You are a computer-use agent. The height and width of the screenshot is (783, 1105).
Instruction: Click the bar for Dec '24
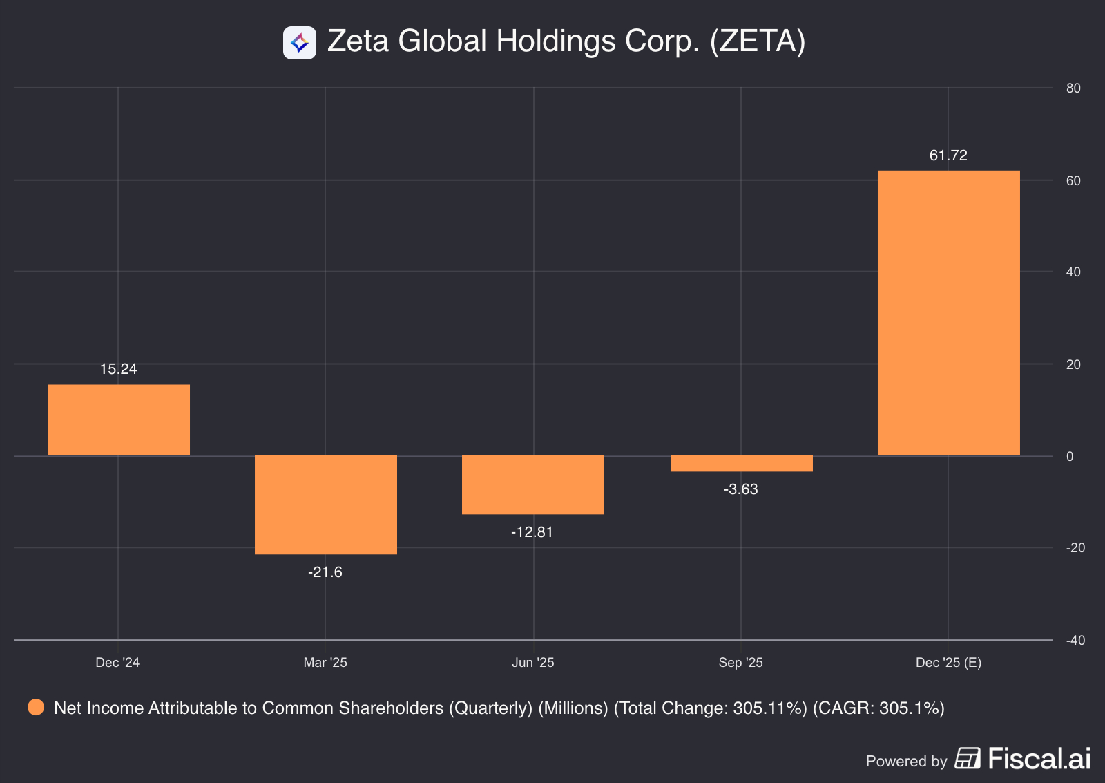[119, 419]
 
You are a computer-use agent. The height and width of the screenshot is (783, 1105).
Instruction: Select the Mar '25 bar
[326, 504]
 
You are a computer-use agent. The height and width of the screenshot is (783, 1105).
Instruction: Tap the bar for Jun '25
[533, 484]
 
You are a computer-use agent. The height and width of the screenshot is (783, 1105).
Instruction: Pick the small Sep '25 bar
[741, 463]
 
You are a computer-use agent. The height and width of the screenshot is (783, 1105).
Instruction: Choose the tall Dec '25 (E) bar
[948, 312]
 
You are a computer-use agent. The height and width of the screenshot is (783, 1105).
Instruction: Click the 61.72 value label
[948, 155]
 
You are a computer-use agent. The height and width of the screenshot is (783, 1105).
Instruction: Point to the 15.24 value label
[119, 369]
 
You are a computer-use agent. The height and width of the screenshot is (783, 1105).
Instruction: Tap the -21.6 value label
[325, 572]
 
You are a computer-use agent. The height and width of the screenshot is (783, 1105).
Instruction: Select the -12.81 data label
[532, 532]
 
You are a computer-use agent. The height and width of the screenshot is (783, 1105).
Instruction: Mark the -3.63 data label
[740, 489]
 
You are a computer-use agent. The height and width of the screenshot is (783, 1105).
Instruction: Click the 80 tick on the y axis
[1073, 88]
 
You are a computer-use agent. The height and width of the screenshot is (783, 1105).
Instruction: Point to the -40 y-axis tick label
[1075, 641]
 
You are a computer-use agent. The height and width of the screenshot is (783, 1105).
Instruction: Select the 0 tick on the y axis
[1070, 456]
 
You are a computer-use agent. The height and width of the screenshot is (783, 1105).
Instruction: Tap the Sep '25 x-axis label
[740, 663]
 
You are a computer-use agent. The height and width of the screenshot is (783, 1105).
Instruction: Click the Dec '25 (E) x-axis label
[948, 663]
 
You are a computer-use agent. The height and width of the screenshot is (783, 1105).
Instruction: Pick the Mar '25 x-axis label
[325, 663]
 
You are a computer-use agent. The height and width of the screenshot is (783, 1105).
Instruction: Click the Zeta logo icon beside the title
[300, 43]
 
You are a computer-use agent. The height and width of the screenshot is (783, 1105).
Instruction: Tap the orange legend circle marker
[36, 708]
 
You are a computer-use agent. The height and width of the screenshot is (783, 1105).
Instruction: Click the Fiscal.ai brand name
[1039, 759]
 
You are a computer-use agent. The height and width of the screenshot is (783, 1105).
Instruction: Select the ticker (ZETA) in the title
[758, 41]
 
